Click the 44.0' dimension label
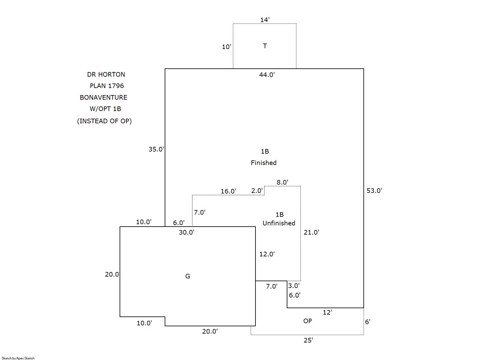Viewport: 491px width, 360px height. click(267, 75)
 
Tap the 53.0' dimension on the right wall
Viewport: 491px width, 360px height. click(374, 191)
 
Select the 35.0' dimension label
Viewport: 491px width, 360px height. click(156, 149)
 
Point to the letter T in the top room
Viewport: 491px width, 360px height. click(265, 46)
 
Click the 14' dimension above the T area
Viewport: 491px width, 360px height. click(265, 20)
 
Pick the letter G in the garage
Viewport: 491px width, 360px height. click(188, 276)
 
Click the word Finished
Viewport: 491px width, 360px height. click(263, 163)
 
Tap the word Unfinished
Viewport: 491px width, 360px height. click(279, 223)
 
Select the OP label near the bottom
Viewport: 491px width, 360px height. click(308, 321)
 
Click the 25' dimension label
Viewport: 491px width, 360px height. click(308, 340)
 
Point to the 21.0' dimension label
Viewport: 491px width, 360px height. click(311, 232)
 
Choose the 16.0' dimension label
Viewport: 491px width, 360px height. click(228, 191)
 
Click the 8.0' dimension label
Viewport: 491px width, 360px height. click(282, 182)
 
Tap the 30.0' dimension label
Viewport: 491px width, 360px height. click(187, 232)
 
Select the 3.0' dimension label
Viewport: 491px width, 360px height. click(293, 286)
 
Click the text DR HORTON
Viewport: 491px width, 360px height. click(106, 75)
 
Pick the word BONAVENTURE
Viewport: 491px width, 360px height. click(104, 98)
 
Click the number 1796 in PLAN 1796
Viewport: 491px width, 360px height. click(116, 86)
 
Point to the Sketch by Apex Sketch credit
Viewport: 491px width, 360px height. click(18, 358)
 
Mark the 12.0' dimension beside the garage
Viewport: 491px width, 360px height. click(267, 254)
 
